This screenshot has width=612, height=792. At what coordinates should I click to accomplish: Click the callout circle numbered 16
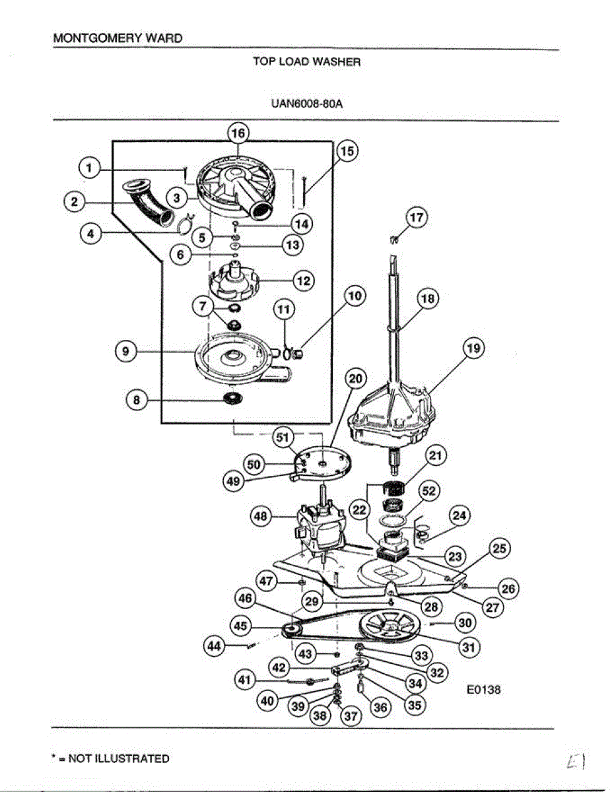click(x=238, y=133)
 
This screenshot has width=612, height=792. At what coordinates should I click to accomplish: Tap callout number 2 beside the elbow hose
click(x=74, y=202)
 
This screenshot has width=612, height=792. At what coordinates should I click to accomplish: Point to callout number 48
click(x=261, y=517)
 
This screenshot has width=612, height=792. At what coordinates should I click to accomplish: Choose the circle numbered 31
click(x=469, y=647)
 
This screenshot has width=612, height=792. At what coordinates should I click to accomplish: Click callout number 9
click(x=125, y=352)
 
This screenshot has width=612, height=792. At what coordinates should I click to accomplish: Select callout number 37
click(x=350, y=715)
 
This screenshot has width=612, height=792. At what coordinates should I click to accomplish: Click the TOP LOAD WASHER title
click(x=307, y=61)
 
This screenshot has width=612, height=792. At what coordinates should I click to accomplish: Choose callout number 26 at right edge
click(x=509, y=587)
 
